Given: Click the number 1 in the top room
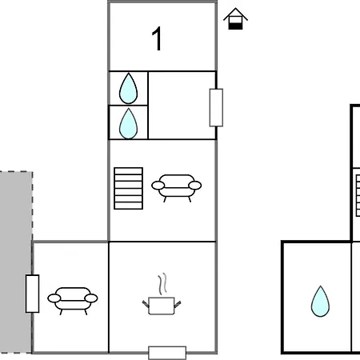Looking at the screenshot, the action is pos(157,38).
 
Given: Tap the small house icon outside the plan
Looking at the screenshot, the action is pos(235,18).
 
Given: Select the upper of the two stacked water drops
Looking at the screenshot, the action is pos(128,88).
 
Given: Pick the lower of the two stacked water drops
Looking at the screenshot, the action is pos(128,124).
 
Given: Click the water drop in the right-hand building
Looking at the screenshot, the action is pos(320,302).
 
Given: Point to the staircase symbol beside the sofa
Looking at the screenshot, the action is pos(128,188).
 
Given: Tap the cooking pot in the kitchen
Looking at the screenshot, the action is pos(162,306).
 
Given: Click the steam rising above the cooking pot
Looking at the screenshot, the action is pos(162,284).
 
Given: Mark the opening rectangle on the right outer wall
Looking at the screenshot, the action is pos(216,107).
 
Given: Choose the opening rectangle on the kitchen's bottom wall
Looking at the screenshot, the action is pos(167,353).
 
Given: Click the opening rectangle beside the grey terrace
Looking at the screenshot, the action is pos(32,294).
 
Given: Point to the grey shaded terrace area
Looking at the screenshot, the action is pos(16,262).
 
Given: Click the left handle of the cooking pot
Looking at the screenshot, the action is pos(146,304).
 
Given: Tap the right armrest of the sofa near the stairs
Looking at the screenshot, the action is pos(195,186).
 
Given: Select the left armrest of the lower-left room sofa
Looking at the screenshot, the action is pos(54,298).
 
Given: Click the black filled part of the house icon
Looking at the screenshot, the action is pos(235,26).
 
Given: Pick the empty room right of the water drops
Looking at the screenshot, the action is pos(182,106).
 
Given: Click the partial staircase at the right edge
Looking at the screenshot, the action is pos(358,195).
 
